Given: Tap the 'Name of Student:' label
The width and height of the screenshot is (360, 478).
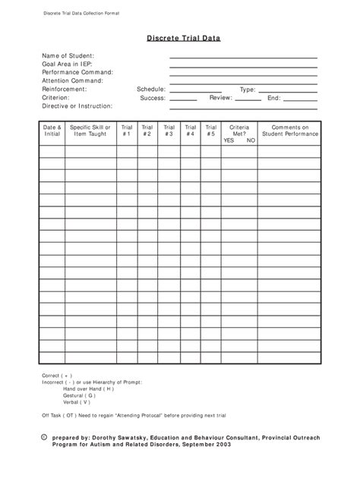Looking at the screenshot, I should pyautogui.click(x=68, y=56).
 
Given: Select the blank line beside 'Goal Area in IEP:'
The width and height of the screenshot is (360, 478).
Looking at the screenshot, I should pyautogui.click(x=243, y=66).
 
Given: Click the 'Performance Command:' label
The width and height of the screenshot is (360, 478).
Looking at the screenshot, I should pyautogui.click(x=77, y=72).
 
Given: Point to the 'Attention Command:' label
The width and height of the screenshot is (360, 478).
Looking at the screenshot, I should pyautogui.click(x=73, y=80).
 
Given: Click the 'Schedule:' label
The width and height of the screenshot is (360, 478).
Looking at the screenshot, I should pyautogui.click(x=151, y=90).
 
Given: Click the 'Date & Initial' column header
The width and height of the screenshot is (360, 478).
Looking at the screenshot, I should pyautogui.click(x=52, y=131).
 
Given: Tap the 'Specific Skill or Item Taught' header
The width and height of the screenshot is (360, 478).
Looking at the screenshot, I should pyautogui.click(x=90, y=131).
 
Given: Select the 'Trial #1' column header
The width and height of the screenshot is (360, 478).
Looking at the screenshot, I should pyautogui.click(x=126, y=131).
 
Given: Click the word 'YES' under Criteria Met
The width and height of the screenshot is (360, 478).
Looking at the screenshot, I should pyautogui.click(x=229, y=140).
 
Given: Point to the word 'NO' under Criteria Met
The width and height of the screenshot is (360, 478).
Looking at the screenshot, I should pyautogui.click(x=251, y=140).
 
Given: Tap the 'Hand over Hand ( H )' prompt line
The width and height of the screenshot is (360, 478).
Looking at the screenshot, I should pyautogui.click(x=89, y=388).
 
